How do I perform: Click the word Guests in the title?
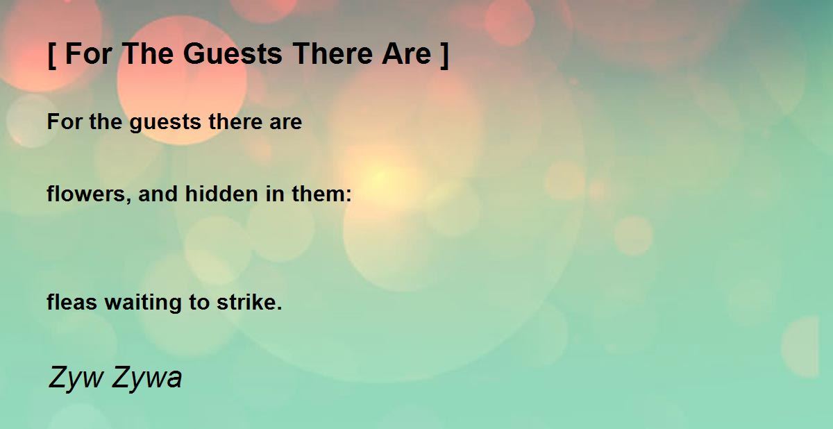233,54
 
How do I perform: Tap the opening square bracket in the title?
52,55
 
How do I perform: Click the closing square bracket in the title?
444,55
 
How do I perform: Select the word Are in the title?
407,54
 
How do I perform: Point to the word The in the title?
148,54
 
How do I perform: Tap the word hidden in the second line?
221,194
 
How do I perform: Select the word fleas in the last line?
71,301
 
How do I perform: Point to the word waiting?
143,303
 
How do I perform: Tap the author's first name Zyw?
76,378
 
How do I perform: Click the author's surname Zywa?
146,378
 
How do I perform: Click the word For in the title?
89,54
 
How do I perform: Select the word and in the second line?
158,194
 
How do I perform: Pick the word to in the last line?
199,302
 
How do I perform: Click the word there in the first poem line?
235,121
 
